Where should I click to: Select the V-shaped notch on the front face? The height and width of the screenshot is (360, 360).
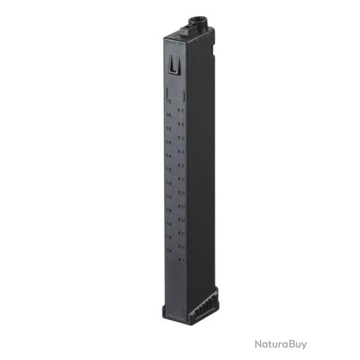[173, 63]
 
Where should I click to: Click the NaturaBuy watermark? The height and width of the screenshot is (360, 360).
[280, 344]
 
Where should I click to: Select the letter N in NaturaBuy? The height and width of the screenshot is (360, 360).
[257, 344]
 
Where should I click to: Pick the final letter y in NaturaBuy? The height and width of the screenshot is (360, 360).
[303, 345]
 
